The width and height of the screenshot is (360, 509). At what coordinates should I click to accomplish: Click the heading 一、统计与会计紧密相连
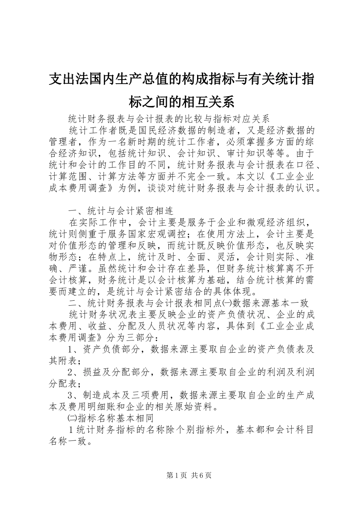(121, 211)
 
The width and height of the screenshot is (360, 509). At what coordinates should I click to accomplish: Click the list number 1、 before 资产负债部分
(74, 349)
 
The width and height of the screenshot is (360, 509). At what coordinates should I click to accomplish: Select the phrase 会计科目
(294, 430)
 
